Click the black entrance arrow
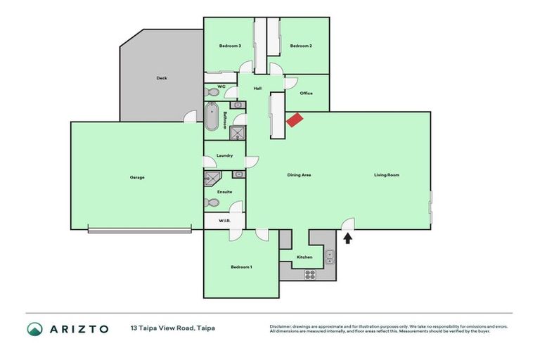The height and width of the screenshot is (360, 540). [347, 239]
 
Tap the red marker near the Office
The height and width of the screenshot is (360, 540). [294, 120]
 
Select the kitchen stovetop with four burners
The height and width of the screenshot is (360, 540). [309, 274]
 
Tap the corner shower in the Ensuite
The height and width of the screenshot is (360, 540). [211, 179]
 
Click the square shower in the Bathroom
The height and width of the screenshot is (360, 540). [238, 134]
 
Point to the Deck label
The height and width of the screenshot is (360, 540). [161, 78]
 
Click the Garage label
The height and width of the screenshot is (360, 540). [137, 177]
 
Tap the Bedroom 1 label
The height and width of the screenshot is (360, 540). [241, 267]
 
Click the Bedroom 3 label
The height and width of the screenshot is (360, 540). [230, 46]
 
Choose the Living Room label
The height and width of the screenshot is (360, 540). [386, 174]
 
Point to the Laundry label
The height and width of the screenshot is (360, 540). [224, 155]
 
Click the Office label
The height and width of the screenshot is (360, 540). [306, 93]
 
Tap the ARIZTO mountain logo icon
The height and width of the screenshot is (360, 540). [34, 328]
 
